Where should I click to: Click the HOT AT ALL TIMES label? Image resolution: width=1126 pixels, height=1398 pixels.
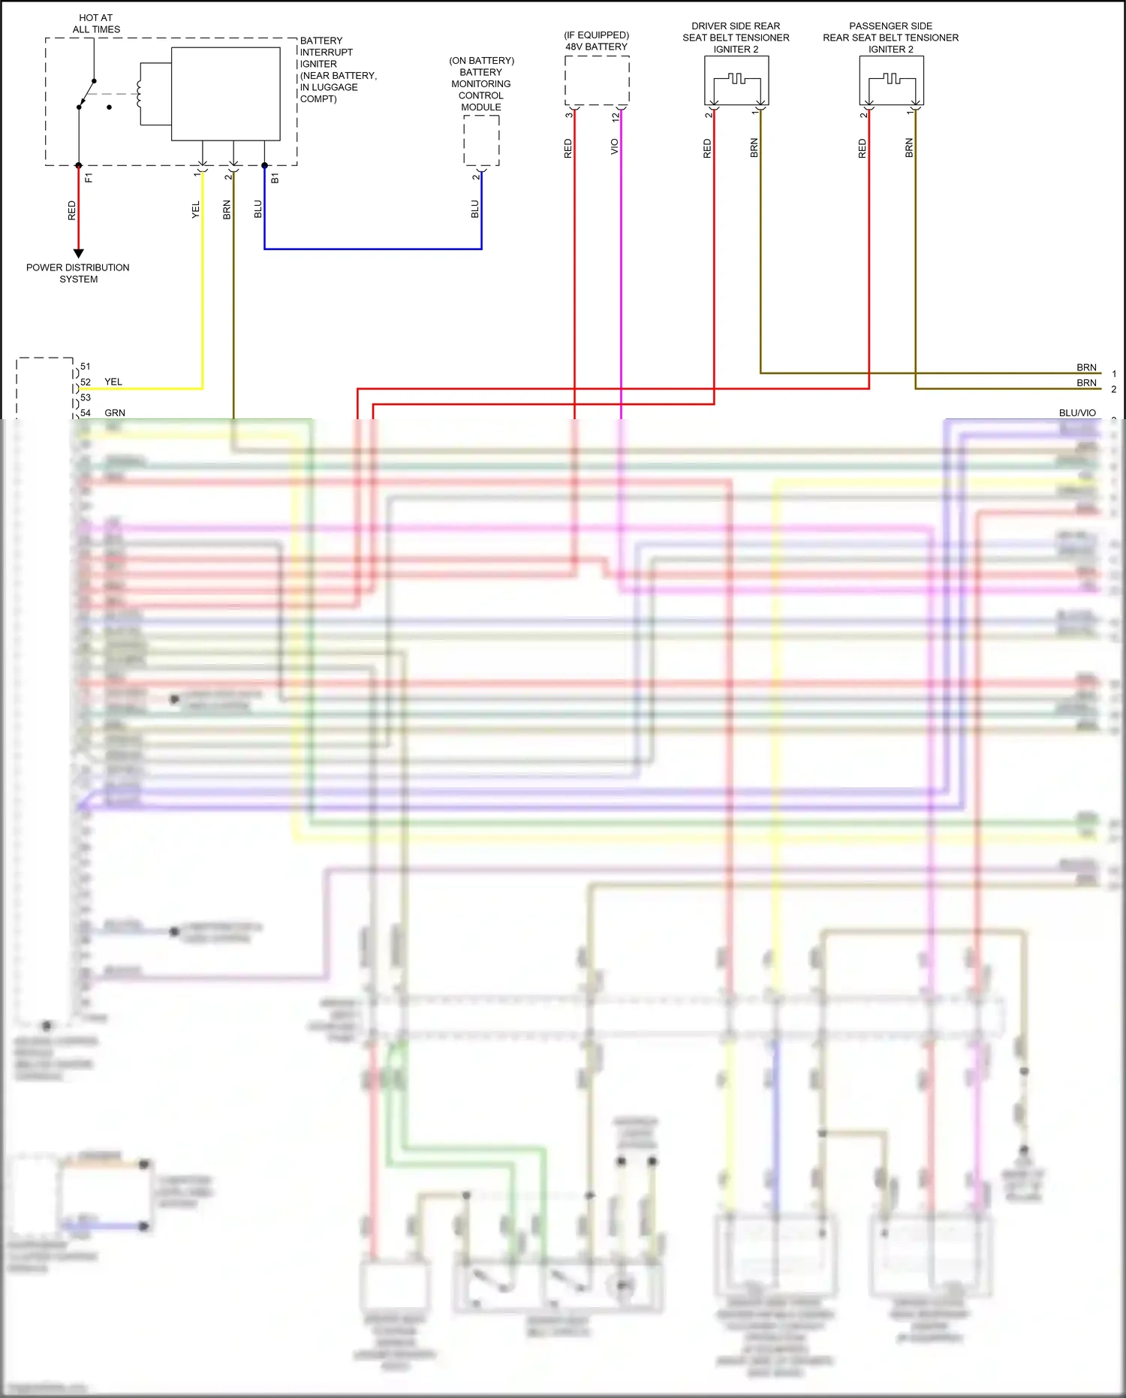[x=96, y=23]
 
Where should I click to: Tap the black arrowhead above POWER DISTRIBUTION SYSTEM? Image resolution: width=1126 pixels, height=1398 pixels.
[x=78, y=253]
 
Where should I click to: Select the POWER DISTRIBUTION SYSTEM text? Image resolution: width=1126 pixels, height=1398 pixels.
[x=78, y=273]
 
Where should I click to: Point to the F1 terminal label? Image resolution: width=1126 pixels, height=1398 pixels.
[x=89, y=178]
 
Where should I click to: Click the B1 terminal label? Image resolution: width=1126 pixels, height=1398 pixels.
[x=275, y=178]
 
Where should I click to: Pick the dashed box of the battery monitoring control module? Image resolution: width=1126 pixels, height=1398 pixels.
[x=481, y=140]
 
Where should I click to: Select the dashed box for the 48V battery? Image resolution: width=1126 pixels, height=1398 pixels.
[x=597, y=80]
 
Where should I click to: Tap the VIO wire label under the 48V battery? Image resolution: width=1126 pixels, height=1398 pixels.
[x=614, y=146]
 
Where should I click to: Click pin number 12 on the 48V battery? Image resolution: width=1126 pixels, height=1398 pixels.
[x=616, y=117]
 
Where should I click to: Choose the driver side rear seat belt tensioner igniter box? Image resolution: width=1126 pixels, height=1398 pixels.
[x=736, y=80]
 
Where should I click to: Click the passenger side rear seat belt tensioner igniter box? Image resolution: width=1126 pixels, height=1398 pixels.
[x=891, y=80]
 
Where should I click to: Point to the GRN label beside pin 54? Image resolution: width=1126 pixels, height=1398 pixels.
[x=115, y=412]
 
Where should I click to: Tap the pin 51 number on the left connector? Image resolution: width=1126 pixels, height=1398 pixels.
[x=86, y=367]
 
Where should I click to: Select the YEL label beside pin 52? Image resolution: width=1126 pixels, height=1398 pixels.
[x=113, y=382]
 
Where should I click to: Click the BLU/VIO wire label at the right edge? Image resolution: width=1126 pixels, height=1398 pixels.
[x=1077, y=412]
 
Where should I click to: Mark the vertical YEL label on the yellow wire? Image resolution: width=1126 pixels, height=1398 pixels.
[x=196, y=210]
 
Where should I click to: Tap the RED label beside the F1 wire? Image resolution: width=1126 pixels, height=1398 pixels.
[x=72, y=210]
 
